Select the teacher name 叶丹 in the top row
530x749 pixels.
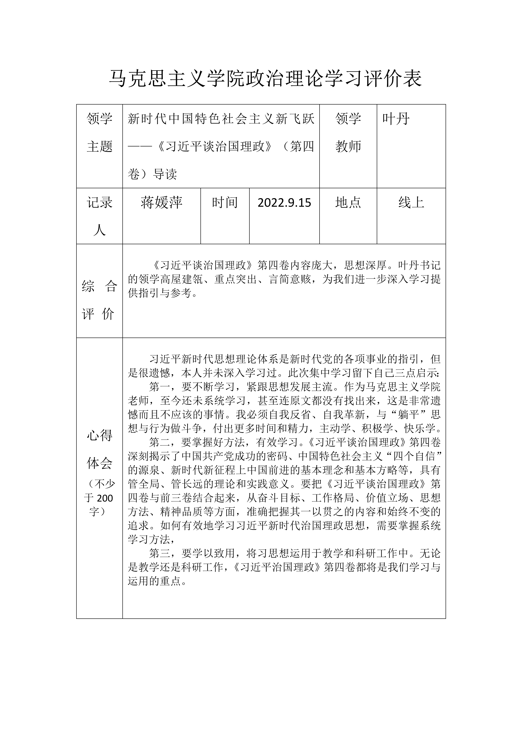pyautogui.click(x=396, y=119)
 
